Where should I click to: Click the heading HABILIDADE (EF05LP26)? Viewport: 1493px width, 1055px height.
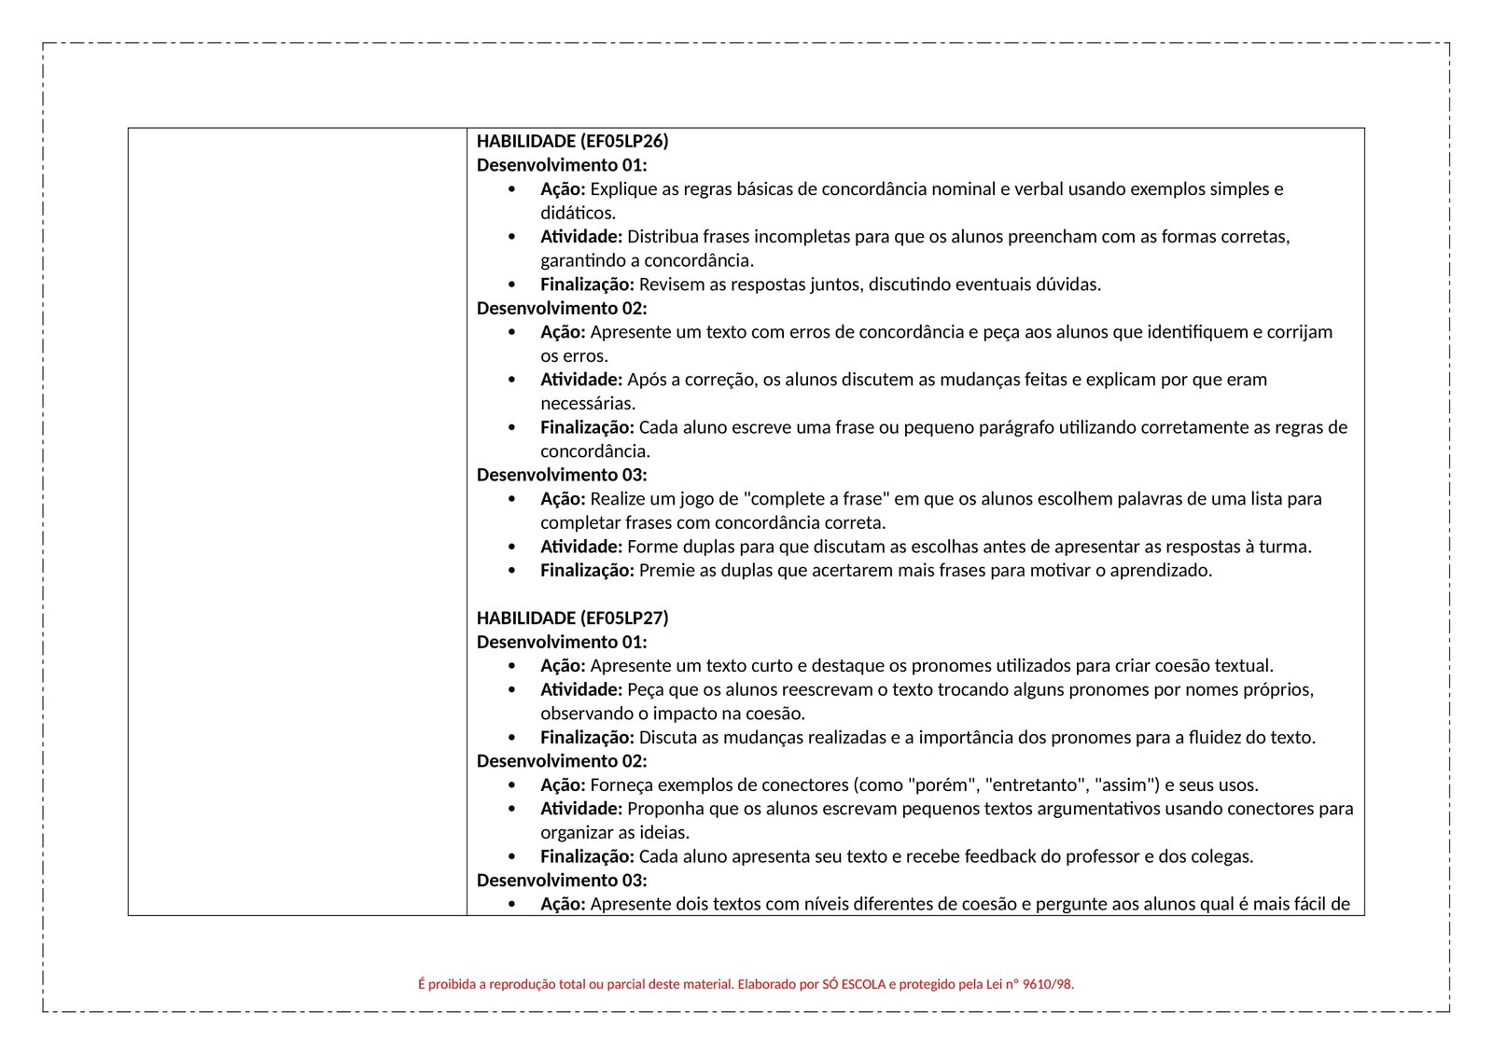tap(572, 141)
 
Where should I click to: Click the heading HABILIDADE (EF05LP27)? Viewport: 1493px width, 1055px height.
tap(572, 618)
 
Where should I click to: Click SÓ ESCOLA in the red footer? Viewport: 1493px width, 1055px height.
tap(854, 983)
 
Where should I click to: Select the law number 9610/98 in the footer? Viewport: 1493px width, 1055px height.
tap(1048, 983)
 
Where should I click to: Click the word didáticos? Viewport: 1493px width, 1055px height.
tap(578, 213)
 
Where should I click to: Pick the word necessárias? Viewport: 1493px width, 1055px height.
tap(588, 403)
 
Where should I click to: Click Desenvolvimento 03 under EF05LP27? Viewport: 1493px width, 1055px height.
tap(561, 880)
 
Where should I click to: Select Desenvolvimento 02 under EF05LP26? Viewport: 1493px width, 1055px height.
tap(561, 308)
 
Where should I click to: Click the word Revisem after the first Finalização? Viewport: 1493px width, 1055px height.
tap(672, 284)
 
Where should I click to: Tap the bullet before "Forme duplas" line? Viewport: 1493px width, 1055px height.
tap(511, 547)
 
